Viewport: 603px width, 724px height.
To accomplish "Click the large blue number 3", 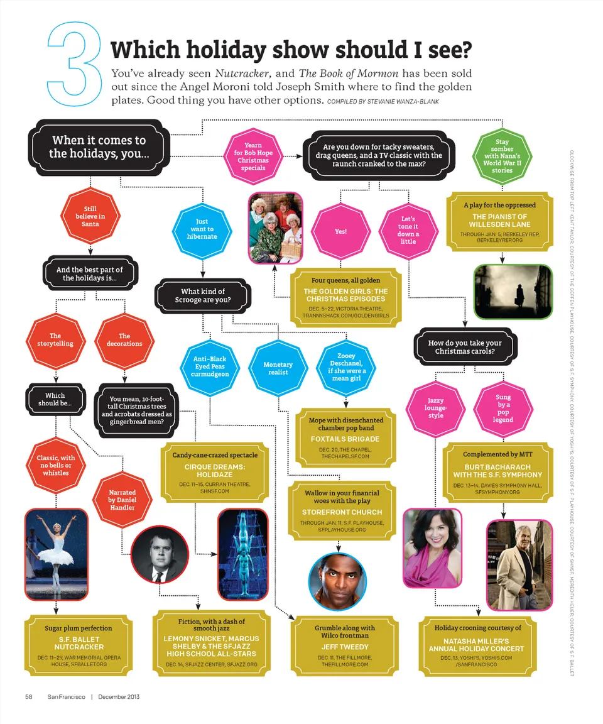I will click(x=74, y=65).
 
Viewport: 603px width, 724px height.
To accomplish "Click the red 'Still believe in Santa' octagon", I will click(x=90, y=216).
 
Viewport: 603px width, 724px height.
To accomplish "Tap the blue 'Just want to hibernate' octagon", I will click(x=202, y=229).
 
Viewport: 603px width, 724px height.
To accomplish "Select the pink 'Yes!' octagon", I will click(x=340, y=231).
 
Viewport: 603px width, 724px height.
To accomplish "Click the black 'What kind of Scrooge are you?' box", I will click(x=203, y=296).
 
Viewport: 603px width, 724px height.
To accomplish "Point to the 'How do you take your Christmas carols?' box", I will click(x=465, y=347).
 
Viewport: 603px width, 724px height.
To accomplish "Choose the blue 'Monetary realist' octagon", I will click(x=278, y=368).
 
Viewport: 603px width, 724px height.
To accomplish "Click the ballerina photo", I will click(x=57, y=554).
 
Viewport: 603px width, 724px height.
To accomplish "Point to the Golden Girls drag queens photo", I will click(x=273, y=227).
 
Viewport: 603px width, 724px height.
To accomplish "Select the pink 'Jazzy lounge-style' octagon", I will click(x=435, y=407).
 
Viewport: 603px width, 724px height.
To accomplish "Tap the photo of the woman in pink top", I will click(x=432, y=547).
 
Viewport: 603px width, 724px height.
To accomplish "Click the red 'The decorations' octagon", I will click(x=124, y=339).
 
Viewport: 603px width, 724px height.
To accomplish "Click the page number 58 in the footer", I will click(x=29, y=696).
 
